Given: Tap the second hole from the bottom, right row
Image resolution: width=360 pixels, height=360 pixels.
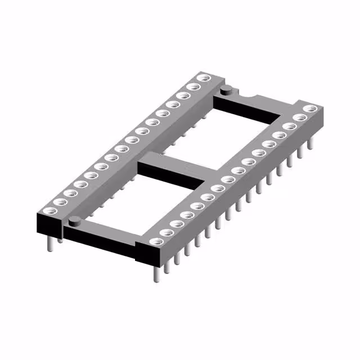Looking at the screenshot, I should pos(166,232).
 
